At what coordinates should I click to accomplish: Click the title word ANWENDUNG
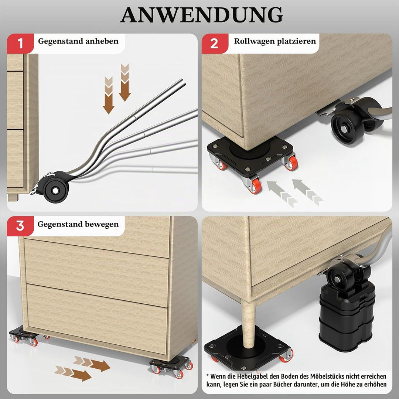202,15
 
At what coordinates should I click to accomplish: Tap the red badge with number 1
20,43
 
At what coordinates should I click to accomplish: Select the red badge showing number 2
215,43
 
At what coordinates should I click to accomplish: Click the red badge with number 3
20,226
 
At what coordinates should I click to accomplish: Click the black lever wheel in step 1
55,190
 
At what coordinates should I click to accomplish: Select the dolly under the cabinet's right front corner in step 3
171,367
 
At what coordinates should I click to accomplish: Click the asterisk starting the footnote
208,375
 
